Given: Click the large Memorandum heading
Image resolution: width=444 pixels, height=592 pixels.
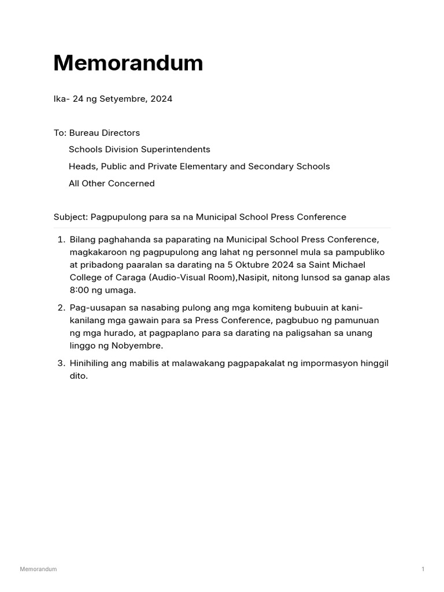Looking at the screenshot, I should (x=128, y=63).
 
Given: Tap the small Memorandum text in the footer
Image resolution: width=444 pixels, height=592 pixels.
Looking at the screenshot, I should (x=38, y=569).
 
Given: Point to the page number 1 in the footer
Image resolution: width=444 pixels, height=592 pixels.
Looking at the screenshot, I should (x=423, y=569).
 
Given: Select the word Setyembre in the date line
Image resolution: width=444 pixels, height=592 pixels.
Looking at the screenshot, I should (x=122, y=99).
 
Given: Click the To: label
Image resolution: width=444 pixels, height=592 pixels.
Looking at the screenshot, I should (x=60, y=133).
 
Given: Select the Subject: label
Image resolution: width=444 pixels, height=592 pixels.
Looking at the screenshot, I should (x=71, y=217).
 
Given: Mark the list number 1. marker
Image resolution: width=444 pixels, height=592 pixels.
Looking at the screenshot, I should (x=61, y=239).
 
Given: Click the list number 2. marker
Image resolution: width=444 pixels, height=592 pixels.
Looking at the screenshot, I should (x=61, y=308).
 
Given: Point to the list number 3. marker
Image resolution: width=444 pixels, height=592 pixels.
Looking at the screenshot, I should (x=61, y=363).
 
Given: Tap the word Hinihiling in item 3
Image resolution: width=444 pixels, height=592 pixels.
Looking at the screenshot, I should (x=91, y=363).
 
